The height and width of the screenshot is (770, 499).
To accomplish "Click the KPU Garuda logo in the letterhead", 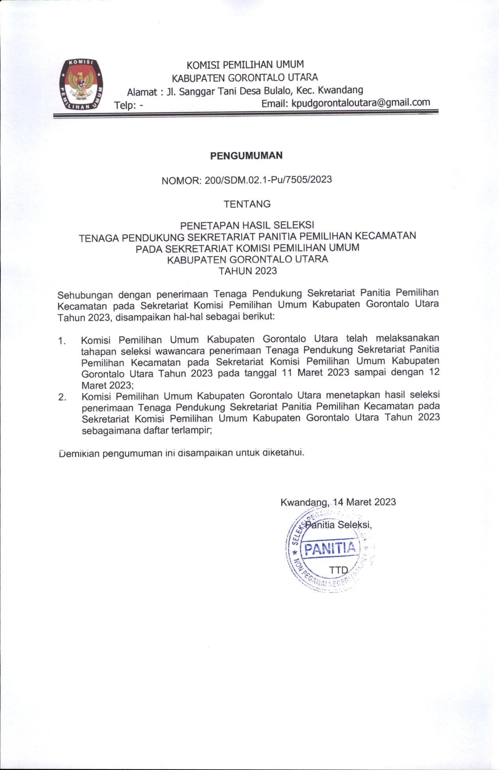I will (82, 84).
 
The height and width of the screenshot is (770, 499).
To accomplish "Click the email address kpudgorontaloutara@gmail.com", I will (360, 103).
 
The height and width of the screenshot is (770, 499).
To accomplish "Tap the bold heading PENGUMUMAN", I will (246, 155).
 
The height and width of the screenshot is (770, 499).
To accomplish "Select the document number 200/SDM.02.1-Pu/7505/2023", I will (268, 180).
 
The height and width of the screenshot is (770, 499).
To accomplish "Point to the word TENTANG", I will (247, 204).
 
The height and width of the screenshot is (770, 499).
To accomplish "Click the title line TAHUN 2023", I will (248, 271).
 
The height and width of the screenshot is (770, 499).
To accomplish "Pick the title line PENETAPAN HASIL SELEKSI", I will (247, 225).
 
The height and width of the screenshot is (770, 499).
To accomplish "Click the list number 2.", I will (62, 397).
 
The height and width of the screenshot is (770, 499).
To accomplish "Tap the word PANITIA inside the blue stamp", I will (330, 549).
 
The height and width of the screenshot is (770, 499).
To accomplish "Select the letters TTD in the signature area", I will (338, 570).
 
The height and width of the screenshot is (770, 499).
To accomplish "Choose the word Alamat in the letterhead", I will (142, 92).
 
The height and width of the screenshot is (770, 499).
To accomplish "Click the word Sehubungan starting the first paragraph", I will (85, 294).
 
